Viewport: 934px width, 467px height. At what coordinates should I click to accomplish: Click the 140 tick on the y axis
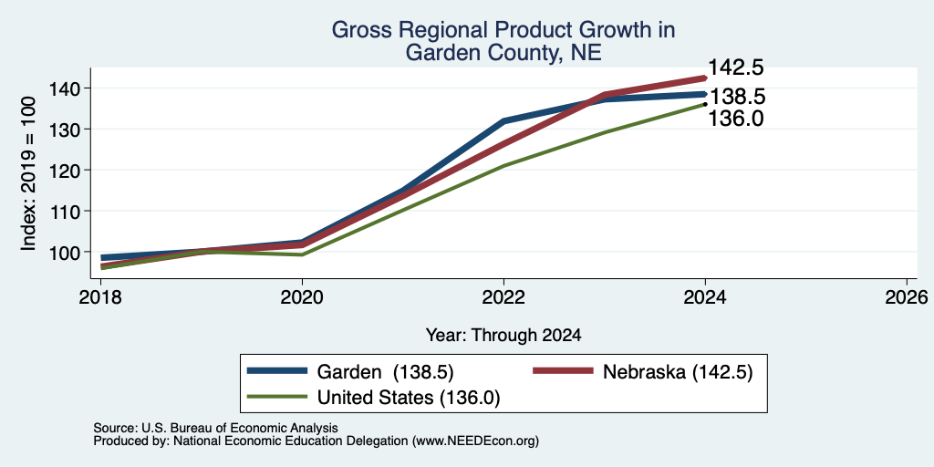point(67,88)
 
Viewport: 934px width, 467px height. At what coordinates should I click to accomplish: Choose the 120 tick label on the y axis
point(67,171)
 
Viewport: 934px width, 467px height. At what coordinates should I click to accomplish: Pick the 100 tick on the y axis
point(67,252)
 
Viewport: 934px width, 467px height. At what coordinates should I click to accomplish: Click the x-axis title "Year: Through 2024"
point(503,336)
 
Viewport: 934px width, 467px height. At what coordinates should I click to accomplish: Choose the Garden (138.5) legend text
point(386,372)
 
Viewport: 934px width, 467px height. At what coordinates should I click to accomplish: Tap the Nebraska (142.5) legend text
point(678,372)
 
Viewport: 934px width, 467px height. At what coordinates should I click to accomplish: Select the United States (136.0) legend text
point(409,398)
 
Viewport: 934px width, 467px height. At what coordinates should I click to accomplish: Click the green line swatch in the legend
point(277,397)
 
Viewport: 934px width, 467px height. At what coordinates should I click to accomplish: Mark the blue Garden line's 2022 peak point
point(503,121)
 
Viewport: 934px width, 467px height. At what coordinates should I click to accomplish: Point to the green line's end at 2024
point(705,104)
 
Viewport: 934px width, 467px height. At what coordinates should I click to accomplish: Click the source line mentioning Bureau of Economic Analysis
point(215,428)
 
